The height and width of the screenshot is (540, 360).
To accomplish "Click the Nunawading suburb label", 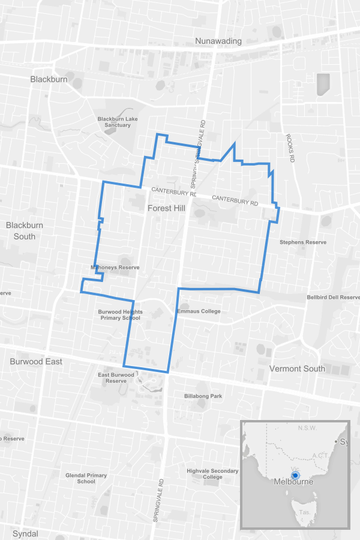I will (218, 41).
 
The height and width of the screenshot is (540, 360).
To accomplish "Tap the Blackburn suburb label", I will (49, 79).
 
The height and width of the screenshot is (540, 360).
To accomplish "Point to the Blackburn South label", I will (25, 230).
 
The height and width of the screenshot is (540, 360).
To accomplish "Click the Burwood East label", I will (36, 362).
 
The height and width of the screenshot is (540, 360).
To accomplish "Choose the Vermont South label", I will (298, 368).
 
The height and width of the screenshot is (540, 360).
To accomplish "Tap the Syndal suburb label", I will (25, 533).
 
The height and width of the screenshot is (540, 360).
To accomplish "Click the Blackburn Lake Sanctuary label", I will (118, 122).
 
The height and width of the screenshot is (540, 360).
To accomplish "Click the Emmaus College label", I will (199, 311).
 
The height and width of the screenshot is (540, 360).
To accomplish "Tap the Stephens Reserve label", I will (303, 242).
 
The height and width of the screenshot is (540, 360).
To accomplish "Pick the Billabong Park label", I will (203, 396).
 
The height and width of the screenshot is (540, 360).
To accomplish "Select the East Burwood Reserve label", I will (116, 378).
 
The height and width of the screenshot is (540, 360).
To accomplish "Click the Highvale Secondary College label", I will (212, 474).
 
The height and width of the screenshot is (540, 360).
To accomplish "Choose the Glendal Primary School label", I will (86, 478).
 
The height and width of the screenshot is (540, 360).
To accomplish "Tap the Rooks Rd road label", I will (290, 148).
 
